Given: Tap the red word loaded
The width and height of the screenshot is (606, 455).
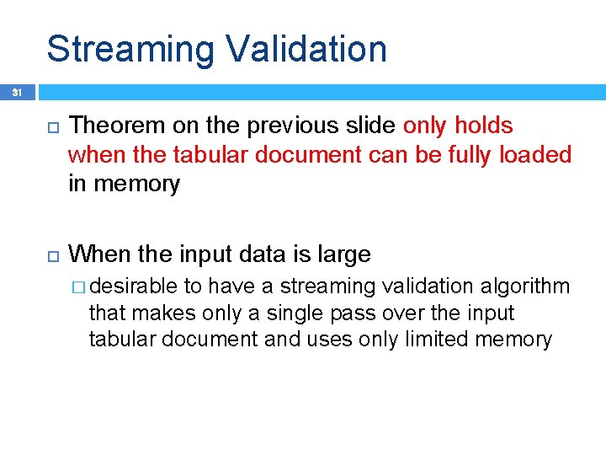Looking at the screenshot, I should tap(536, 155).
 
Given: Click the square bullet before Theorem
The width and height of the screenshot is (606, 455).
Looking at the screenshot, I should tap(49, 127).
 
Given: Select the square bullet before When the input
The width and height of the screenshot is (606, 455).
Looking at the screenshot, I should tap(49, 254).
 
